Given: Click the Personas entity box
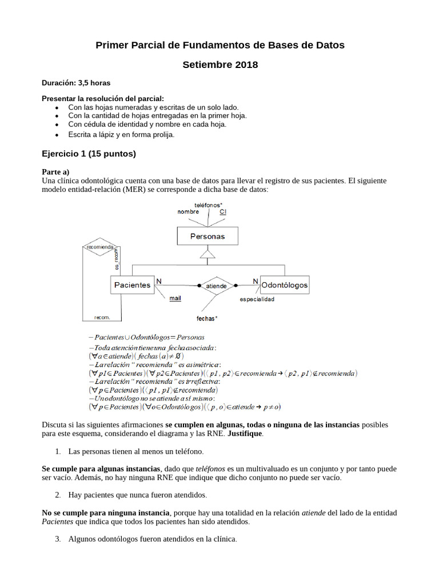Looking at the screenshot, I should pos(207,236).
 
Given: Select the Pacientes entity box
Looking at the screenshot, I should pos(132,285).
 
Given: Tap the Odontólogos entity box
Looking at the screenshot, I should pos(285,285).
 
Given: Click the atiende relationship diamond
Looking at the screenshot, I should pos(216,286).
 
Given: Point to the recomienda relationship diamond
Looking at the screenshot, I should pos(99,247).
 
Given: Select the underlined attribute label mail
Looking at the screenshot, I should pos(175,298).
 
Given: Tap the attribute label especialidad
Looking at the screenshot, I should pos(257,299).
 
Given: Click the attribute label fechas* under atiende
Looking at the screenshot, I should pos(206,318).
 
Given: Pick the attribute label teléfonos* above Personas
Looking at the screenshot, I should pos(208,205).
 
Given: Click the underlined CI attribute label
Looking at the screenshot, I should pos(223,211).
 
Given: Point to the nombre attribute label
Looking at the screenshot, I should pos(188,211).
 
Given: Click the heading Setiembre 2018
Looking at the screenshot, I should pos(220,65).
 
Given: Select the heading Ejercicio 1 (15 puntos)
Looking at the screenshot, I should pos(89,154).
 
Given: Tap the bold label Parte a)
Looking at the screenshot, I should pos(56,171).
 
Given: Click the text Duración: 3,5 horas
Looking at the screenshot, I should pos(76,83).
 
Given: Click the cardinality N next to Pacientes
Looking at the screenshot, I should pos(159,281).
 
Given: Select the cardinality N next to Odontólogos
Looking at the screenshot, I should pos(255,281).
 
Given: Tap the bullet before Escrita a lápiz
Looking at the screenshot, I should pos(56,135).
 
